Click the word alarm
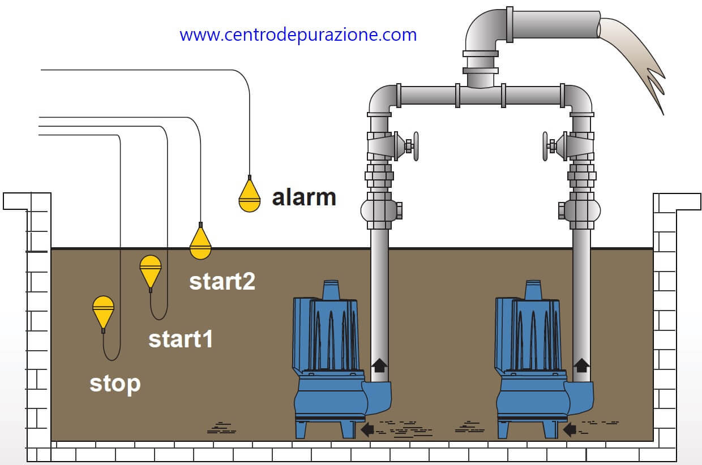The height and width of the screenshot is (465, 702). click(x=304, y=197)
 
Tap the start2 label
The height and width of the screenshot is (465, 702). click(x=222, y=281)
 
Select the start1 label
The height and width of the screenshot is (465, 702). click(x=181, y=339)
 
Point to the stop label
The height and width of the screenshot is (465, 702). click(x=115, y=384)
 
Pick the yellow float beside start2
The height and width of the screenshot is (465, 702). click(x=200, y=243)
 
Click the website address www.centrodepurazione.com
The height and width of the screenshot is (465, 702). click(x=298, y=35)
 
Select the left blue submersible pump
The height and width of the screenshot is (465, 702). click(x=331, y=362)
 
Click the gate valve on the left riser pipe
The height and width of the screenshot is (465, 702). click(x=391, y=146)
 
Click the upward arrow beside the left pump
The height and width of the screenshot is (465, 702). click(x=379, y=365)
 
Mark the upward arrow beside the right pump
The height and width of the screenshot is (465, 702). click(x=581, y=365)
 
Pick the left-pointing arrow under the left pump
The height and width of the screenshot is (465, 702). click(x=367, y=429)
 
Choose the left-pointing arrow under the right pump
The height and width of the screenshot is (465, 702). click(x=570, y=429)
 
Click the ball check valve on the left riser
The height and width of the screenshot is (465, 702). click(x=380, y=210)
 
